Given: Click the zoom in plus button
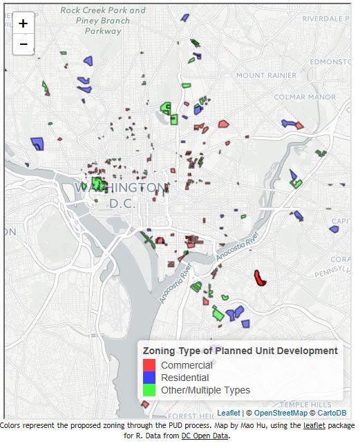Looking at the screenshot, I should click(x=23, y=23).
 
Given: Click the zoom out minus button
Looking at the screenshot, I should click(x=23, y=44).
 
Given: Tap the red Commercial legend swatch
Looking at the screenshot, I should click(x=149, y=365).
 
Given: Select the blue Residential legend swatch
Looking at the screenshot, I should click(x=149, y=378).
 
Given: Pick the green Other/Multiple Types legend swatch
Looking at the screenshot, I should click(x=149, y=390).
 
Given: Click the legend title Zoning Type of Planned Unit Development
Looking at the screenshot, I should click(x=240, y=351).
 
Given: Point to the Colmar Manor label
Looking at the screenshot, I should click(x=304, y=97).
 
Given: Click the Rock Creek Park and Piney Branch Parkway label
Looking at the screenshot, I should click(x=102, y=21).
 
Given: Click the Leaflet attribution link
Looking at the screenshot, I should click(x=229, y=413).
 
